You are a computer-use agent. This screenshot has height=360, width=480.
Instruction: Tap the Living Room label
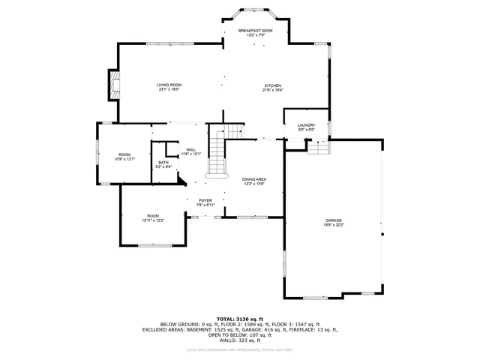[x=169, y=85]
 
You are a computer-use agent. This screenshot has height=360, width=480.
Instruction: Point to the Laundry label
[x=306, y=125]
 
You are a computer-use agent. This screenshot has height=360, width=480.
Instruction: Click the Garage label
[x=333, y=220]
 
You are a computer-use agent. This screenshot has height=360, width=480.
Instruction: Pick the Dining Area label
[x=254, y=179]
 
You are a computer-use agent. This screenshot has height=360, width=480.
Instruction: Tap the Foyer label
[x=205, y=200]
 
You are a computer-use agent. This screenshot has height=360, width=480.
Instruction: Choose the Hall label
[x=191, y=149]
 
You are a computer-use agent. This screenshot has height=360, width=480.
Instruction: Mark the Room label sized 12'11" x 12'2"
[x=153, y=216]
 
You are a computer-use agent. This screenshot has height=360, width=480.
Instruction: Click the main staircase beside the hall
[x=216, y=154]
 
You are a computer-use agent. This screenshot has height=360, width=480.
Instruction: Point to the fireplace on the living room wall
[x=114, y=85]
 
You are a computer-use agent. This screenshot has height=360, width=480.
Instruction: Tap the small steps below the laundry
[x=318, y=148]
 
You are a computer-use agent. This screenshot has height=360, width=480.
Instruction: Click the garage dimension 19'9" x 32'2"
[x=333, y=224]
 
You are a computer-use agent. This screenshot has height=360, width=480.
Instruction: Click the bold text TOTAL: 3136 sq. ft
[x=239, y=319]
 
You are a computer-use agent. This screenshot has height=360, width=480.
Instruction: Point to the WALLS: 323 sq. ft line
[x=239, y=340]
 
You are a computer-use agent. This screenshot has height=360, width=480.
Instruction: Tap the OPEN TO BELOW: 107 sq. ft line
[x=239, y=335]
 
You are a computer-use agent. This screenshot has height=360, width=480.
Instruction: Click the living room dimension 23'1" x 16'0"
[x=169, y=90]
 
